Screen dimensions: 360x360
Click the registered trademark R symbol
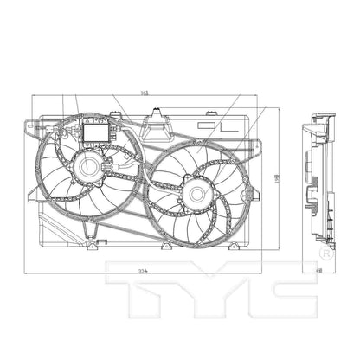[x=325, y=253]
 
